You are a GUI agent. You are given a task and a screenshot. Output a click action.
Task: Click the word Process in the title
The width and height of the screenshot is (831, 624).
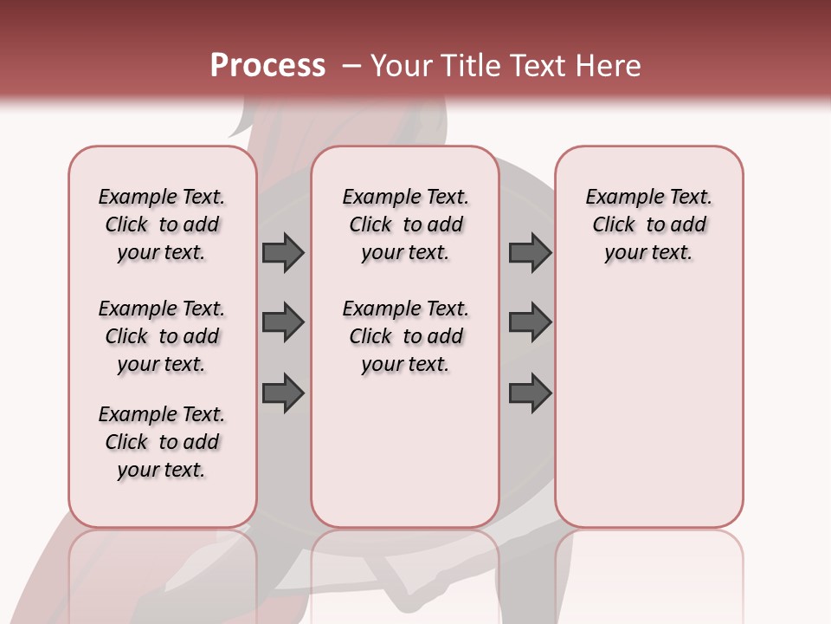267,66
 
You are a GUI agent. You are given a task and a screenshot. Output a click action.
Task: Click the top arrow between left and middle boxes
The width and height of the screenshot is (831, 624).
283,252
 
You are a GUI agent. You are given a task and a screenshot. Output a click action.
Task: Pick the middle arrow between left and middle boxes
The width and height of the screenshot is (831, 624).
283,322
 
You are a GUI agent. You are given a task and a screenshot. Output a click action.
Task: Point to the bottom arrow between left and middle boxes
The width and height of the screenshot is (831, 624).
283,393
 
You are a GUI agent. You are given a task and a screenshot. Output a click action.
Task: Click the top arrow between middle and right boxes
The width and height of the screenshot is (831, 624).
530,252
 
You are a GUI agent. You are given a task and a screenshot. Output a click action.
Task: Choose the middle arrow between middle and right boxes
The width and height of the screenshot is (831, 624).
530,322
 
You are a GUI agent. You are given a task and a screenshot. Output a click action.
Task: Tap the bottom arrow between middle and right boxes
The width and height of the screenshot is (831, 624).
530,393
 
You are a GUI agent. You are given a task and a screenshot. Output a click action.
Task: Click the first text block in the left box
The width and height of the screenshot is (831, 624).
162,224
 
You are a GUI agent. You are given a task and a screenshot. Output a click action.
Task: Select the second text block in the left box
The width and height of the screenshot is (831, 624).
162,336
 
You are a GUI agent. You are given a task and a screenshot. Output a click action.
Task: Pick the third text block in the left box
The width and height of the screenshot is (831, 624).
162,442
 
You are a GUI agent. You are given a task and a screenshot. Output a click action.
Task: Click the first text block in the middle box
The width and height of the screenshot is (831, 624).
406,224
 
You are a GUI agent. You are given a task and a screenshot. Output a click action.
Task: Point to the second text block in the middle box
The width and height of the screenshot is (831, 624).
406,336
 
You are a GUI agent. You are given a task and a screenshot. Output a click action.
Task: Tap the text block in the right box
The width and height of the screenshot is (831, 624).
649,224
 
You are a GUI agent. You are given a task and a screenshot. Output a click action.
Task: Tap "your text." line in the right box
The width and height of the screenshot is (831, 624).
649,253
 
